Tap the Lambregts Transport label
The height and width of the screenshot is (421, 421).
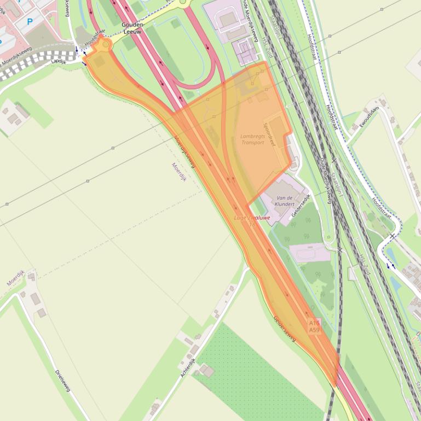tap(252, 139)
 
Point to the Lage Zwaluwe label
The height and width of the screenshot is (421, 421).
tap(252, 218)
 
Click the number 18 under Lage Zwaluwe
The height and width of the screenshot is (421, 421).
tap(252, 225)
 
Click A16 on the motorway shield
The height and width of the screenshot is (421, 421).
tap(314, 323)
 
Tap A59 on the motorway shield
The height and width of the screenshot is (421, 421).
tap(314, 330)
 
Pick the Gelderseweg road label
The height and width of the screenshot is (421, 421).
tap(284, 328)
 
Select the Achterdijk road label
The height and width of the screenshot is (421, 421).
tap(188, 367)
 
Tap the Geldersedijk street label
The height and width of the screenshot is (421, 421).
tap(301, 205)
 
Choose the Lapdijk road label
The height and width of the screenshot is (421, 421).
tap(58, 62)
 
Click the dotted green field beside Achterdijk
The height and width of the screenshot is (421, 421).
tap(257, 372)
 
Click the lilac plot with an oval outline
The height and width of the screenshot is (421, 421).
tap(309, 253)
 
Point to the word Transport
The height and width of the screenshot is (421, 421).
tap(252, 143)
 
